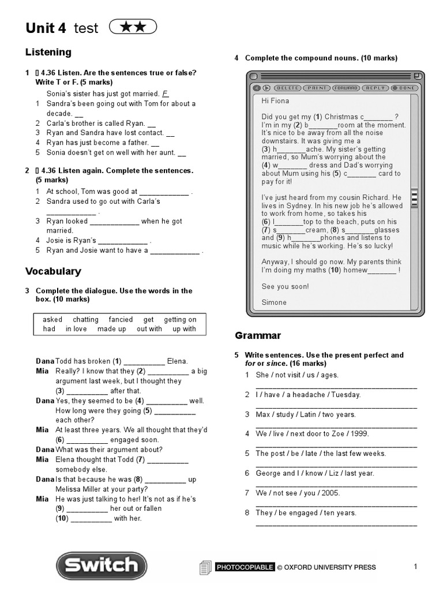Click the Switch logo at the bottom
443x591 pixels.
click(101, 565)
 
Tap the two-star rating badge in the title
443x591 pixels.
click(132, 27)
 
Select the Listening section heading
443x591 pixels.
click(48, 53)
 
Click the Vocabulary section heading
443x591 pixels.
click(53, 271)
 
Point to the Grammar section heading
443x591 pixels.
click(258, 335)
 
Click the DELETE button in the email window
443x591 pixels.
click(287, 88)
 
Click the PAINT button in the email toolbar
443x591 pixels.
click(316, 88)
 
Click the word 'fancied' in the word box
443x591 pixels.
click(121, 319)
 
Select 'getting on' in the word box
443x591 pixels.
click(180, 319)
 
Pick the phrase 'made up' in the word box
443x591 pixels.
click(111, 329)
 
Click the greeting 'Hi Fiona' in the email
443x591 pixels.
click(275, 100)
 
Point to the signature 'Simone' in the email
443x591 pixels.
click(274, 302)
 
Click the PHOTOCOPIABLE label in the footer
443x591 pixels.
click(245, 567)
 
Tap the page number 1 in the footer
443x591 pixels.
click(415, 567)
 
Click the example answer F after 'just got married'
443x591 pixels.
click(165, 93)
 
